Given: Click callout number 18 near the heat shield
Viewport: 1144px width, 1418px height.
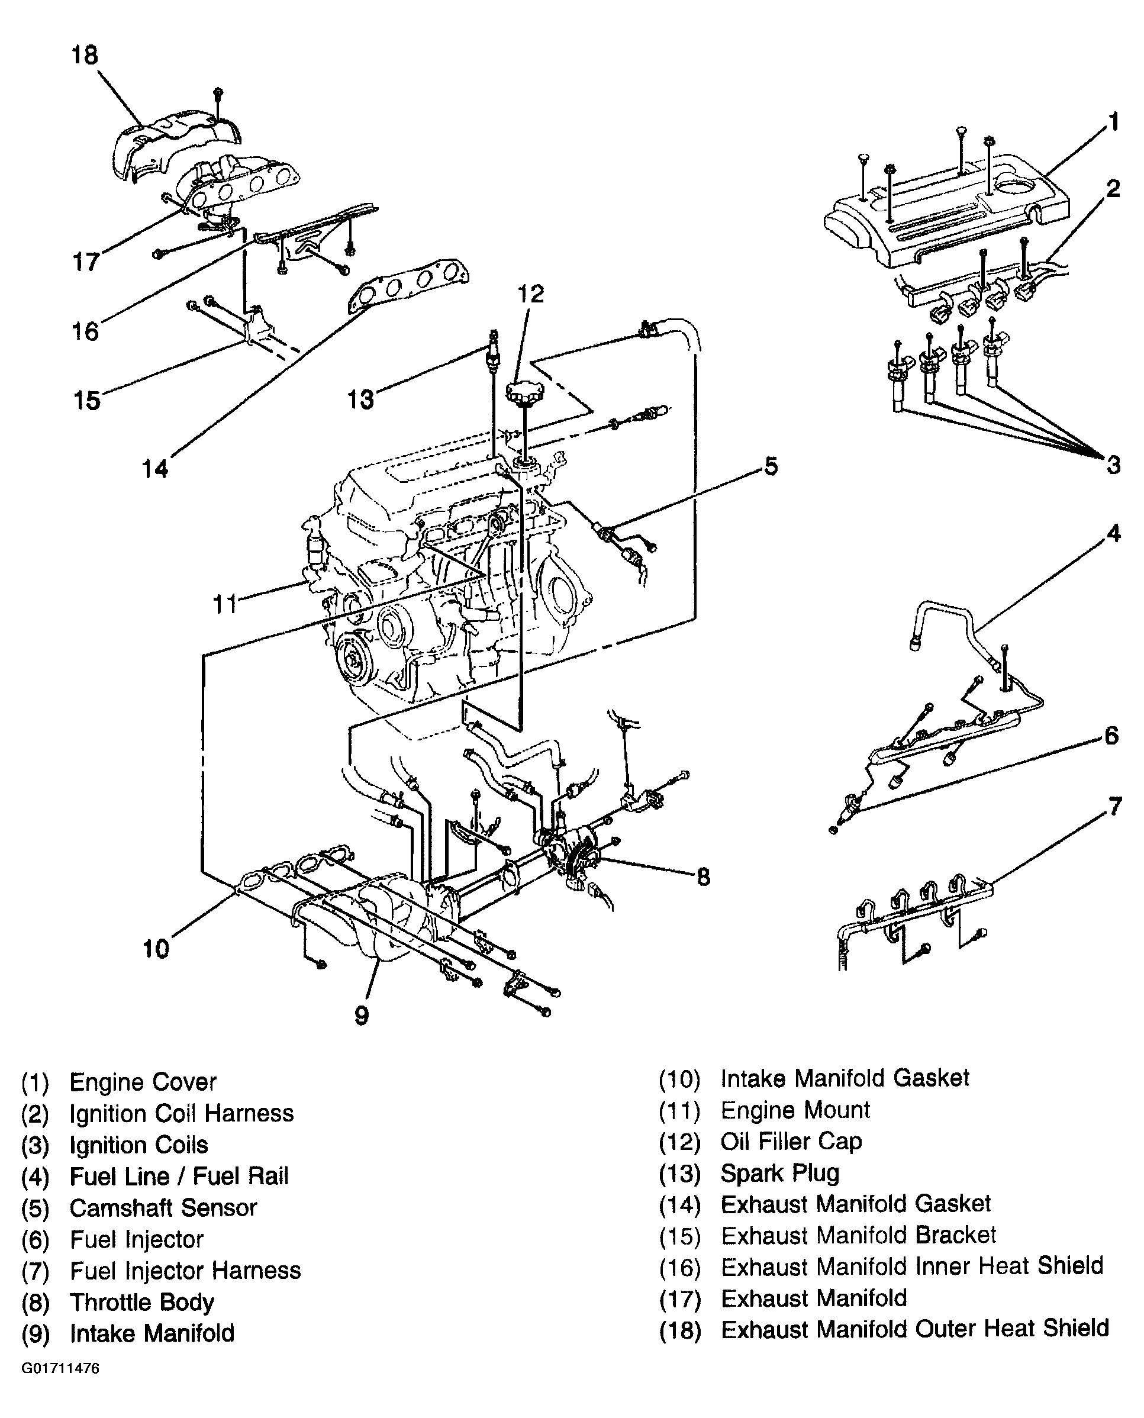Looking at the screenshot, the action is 85,54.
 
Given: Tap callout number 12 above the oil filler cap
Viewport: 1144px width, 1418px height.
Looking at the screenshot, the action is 530,294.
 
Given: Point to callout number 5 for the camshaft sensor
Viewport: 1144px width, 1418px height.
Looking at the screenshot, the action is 771,466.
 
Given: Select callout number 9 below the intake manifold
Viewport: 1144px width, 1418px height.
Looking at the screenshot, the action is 362,1016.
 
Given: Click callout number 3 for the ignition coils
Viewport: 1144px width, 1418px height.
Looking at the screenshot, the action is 1114,465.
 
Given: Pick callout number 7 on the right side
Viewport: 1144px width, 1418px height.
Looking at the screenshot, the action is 1114,807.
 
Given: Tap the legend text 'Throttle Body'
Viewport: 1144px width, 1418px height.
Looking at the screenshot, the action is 141,1303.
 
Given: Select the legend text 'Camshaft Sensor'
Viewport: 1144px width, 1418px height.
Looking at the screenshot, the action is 163,1208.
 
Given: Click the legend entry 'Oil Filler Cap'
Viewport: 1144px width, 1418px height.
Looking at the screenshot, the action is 791,1141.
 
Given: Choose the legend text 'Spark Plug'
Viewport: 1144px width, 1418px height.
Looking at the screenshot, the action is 780,1173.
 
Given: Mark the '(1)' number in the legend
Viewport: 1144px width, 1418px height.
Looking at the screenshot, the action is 35,1082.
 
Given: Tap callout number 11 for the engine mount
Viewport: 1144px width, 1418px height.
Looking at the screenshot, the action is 224,604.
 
